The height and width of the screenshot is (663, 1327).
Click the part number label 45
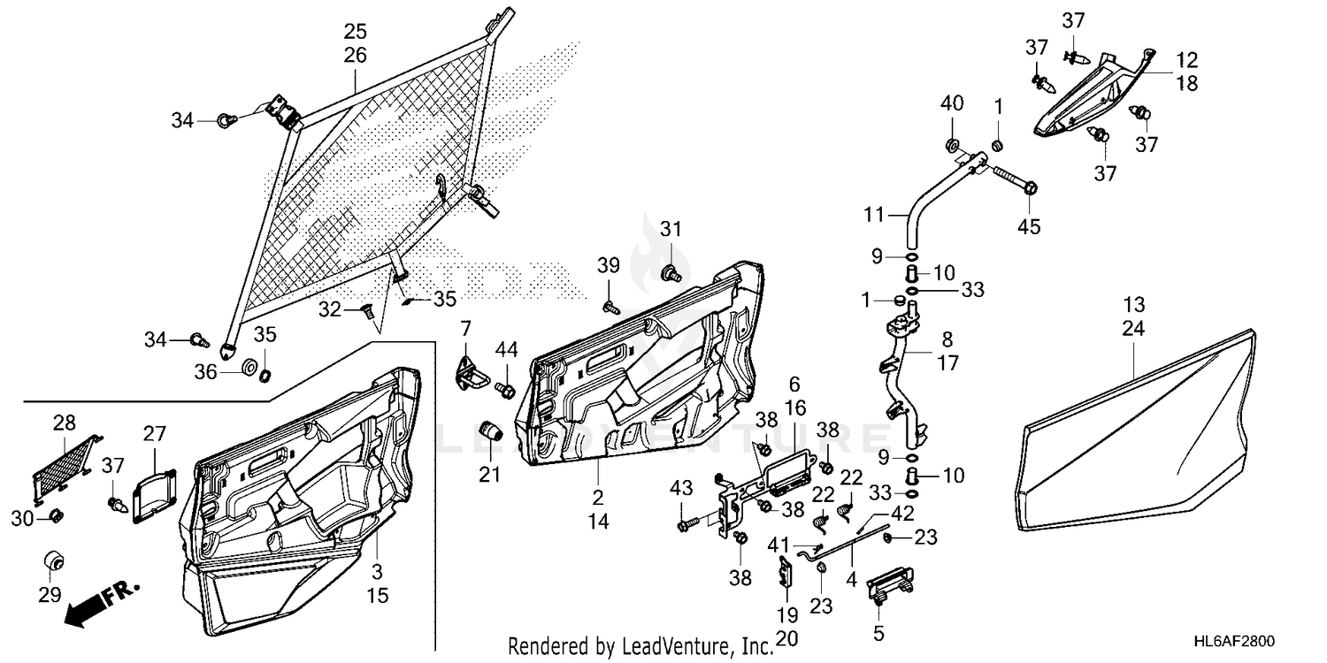click(1029, 226)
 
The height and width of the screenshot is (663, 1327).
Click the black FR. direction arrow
click(102, 604)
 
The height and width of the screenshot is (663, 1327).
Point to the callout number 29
click(50, 594)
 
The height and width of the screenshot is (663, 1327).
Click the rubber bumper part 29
click(55, 560)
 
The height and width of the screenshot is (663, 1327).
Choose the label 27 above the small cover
click(154, 434)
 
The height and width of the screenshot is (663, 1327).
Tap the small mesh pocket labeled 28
click(65, 469)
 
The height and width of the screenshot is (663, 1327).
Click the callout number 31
click(671, 229)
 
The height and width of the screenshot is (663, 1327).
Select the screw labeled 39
click(610, 308)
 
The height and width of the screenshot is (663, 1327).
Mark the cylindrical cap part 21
click(490, 429)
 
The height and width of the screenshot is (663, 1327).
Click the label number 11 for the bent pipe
click(874, 214)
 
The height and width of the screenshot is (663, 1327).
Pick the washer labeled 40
click(953, 144)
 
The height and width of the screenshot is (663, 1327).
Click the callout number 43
click(681, 488)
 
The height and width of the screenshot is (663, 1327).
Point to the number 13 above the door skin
click(1134, 305)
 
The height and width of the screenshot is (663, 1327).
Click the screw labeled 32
click(366, 310)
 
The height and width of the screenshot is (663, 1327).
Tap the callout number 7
click(465, 328)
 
